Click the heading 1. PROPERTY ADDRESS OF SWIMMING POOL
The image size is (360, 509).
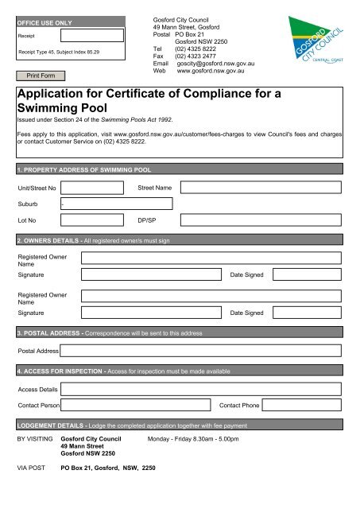(x=83, y=170)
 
